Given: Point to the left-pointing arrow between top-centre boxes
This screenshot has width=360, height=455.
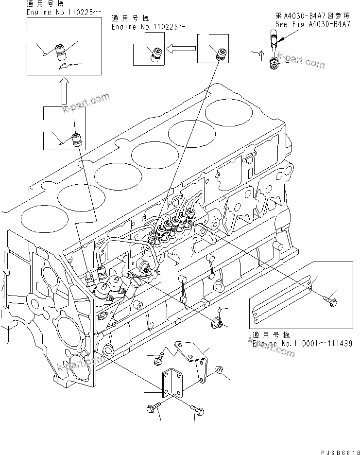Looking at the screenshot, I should coord(181,48).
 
